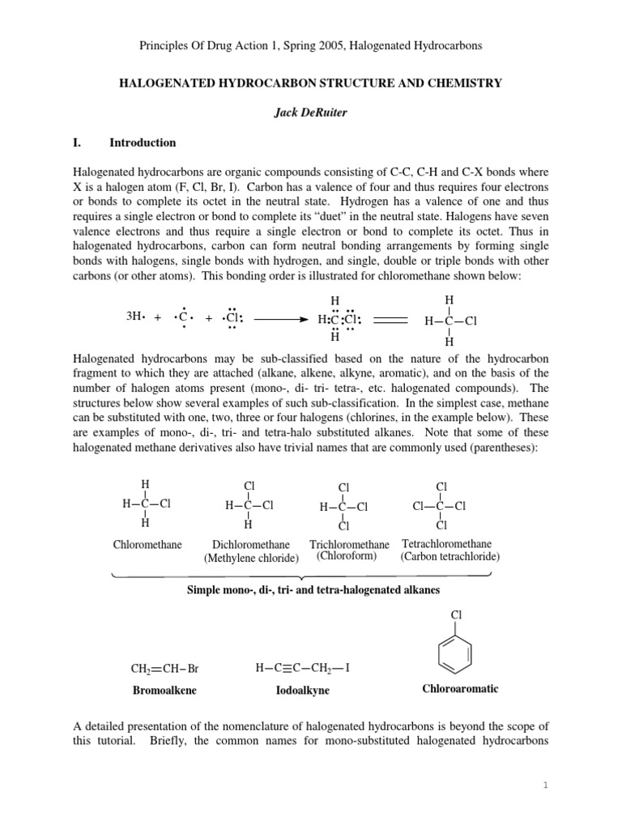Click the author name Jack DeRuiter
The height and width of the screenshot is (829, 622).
pyautogui.click(x=311, y=113)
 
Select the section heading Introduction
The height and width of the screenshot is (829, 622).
pyautogui.click(x=143, y=142)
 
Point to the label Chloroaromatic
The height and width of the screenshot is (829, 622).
pyautogui.click(x=460, y=689)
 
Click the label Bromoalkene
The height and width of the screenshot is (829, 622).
pyautogui.click(x=164, y=691)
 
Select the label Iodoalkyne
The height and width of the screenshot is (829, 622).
pyautogui.click(x=302, y=691)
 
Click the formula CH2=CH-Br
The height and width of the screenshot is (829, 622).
pyautogui.click(x=164, y=669)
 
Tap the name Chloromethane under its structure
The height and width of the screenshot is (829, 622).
pyautogui.click(x=147, y=545)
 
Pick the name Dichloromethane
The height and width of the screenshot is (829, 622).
pyautogui.click(x=251, y=545)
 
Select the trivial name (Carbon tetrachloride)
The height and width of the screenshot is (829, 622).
pyautogui.click(x=449, y=557)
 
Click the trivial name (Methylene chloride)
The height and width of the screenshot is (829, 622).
pyautogui.click(x=251, y=558)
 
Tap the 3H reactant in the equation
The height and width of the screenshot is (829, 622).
pyautogui.click(x=135, y=317)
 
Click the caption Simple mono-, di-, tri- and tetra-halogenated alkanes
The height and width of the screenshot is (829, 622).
pyautogui.click(x=313, y=590)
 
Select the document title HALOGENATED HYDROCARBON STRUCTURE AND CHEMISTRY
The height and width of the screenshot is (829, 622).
pyautogui.click(x=311, y=83)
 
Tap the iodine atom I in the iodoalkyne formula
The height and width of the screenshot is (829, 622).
pyautogui.click(x=347, y=668)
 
